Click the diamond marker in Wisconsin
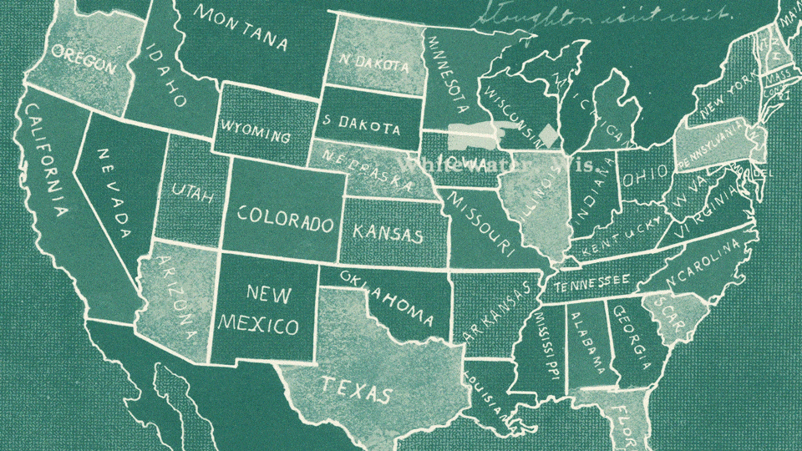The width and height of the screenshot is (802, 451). point(548,134)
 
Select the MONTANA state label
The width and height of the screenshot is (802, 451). point(242,28)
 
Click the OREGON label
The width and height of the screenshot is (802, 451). point(84,59)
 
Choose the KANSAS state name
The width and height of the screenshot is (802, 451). point(388,231)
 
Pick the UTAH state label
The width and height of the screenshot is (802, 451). point(193,194)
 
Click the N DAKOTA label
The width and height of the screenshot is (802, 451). point(374,63)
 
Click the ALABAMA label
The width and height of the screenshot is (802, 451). point(589,342)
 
